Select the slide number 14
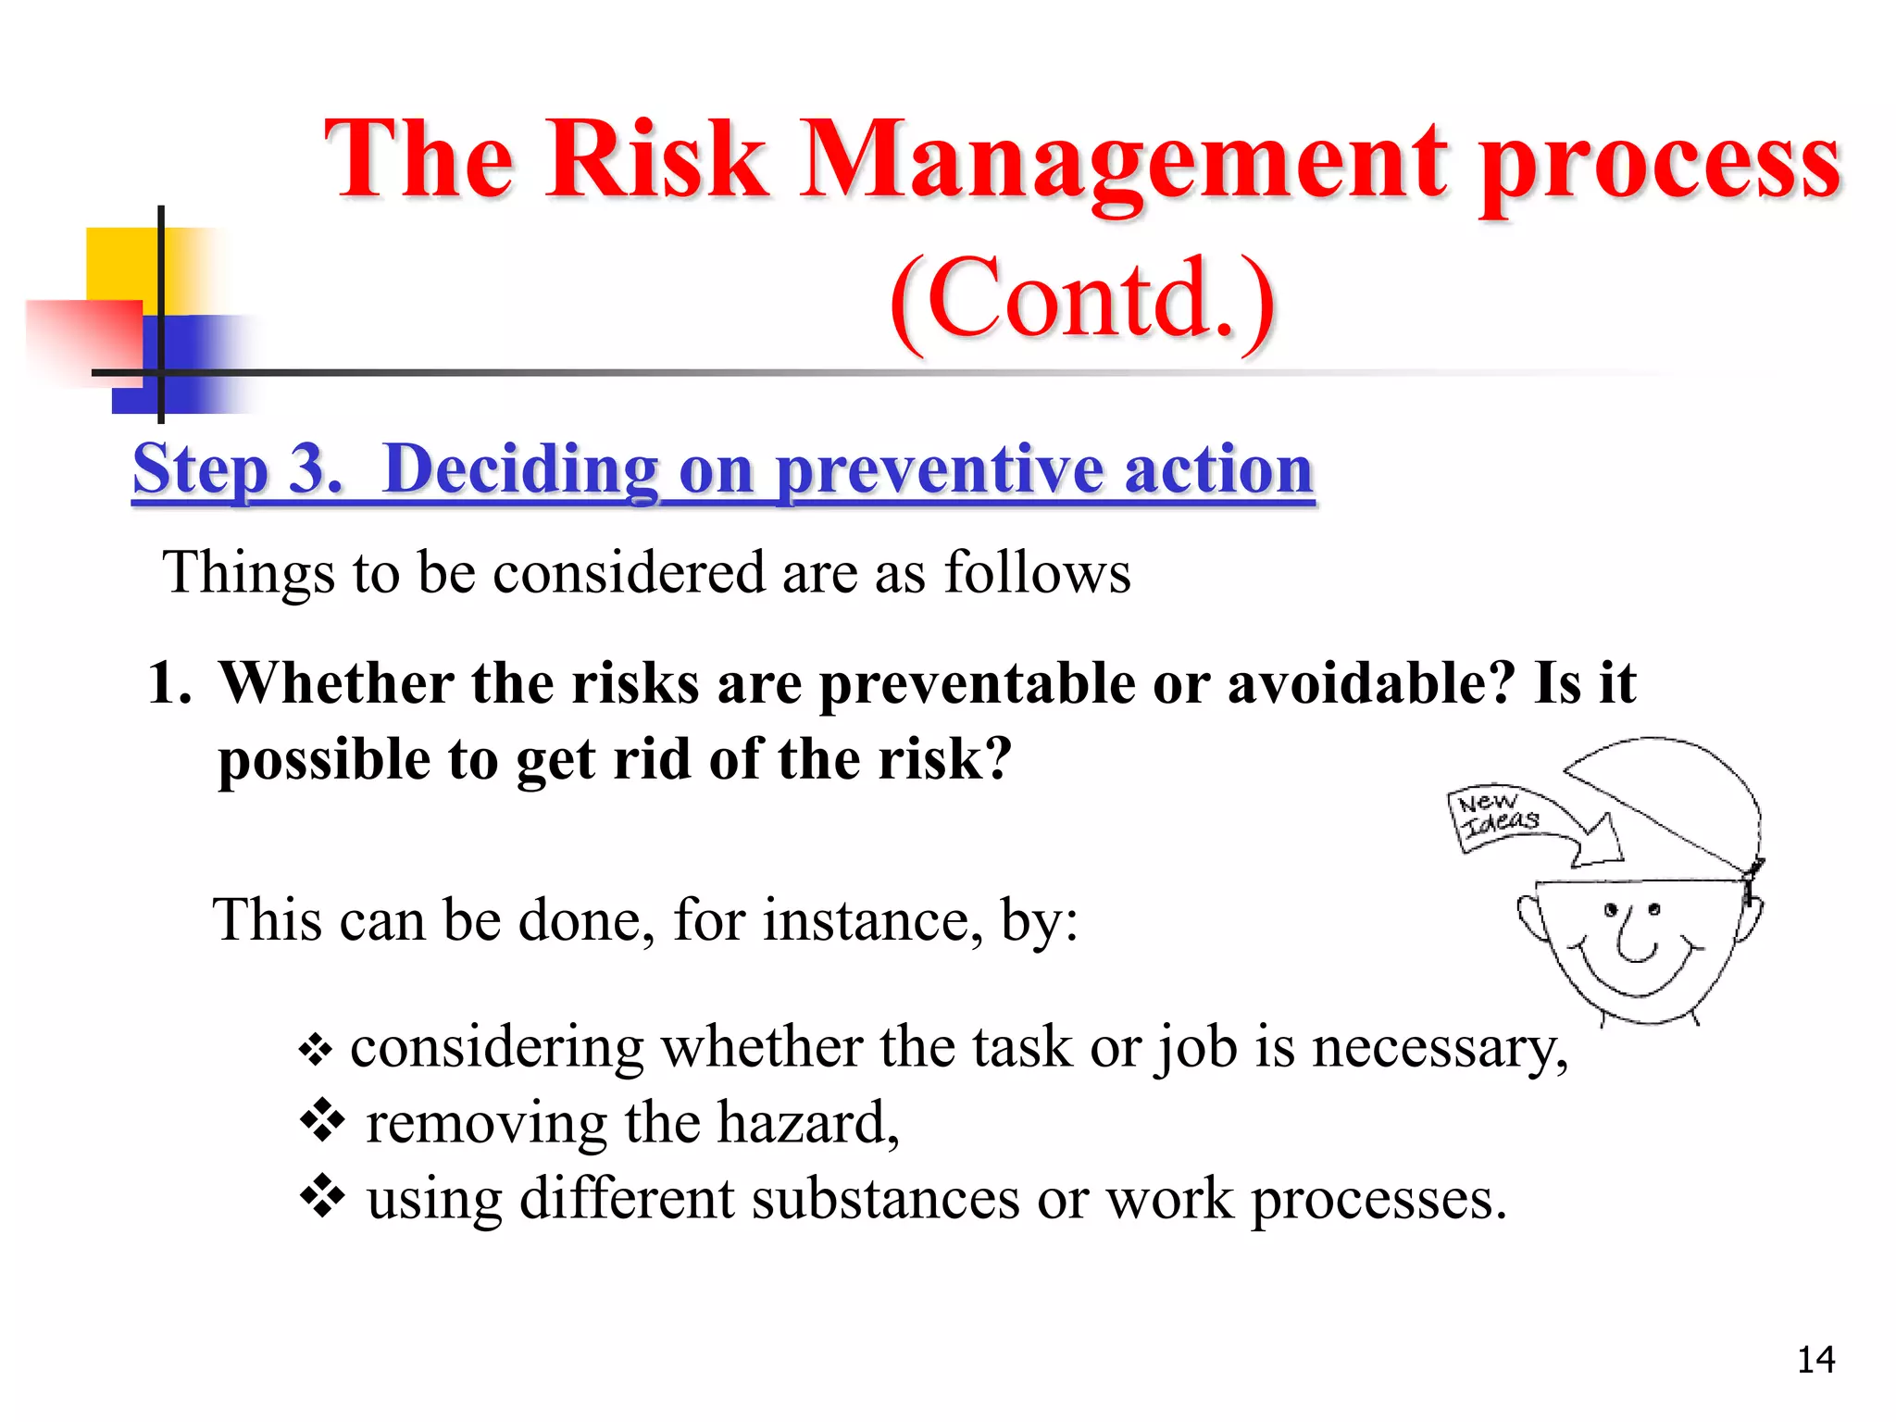pos(1815,1360)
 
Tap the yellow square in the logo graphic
pos(120,263)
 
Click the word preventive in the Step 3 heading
pos(939,470)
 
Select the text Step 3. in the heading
pos(237,470)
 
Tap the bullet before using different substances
pos(322,1196)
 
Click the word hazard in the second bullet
pos(805,1123)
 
